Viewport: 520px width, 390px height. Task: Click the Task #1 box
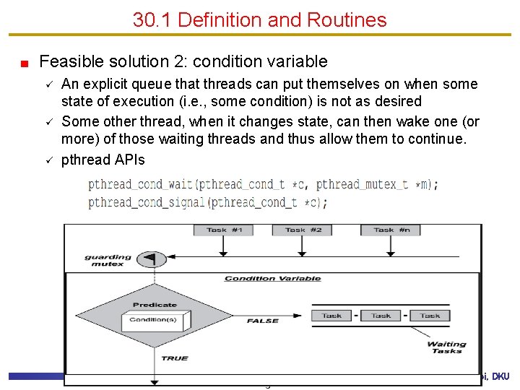tap(223, 230)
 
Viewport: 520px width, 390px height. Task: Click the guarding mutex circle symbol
tap(148, 258)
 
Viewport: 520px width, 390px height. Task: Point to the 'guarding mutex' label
tap(108, 260)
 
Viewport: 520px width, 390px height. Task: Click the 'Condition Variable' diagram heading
tap(272, 279)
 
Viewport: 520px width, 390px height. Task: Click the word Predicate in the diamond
tap(154, 305)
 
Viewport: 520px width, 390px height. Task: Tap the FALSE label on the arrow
tap(263, 321)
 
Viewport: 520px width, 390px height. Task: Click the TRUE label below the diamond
tap(174, 357)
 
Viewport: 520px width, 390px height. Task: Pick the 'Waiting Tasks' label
tap(446, 347)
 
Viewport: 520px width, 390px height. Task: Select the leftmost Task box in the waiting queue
tap(331, 316)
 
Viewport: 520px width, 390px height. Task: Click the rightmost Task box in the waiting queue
tap(430, 316)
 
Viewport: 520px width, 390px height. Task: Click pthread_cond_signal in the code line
tap(147, 202)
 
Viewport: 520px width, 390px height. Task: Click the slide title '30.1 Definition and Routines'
tap(259, 19)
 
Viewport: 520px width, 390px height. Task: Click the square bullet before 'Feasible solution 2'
tap(24, 63)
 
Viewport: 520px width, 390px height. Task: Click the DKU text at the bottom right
tap(500, 376)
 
